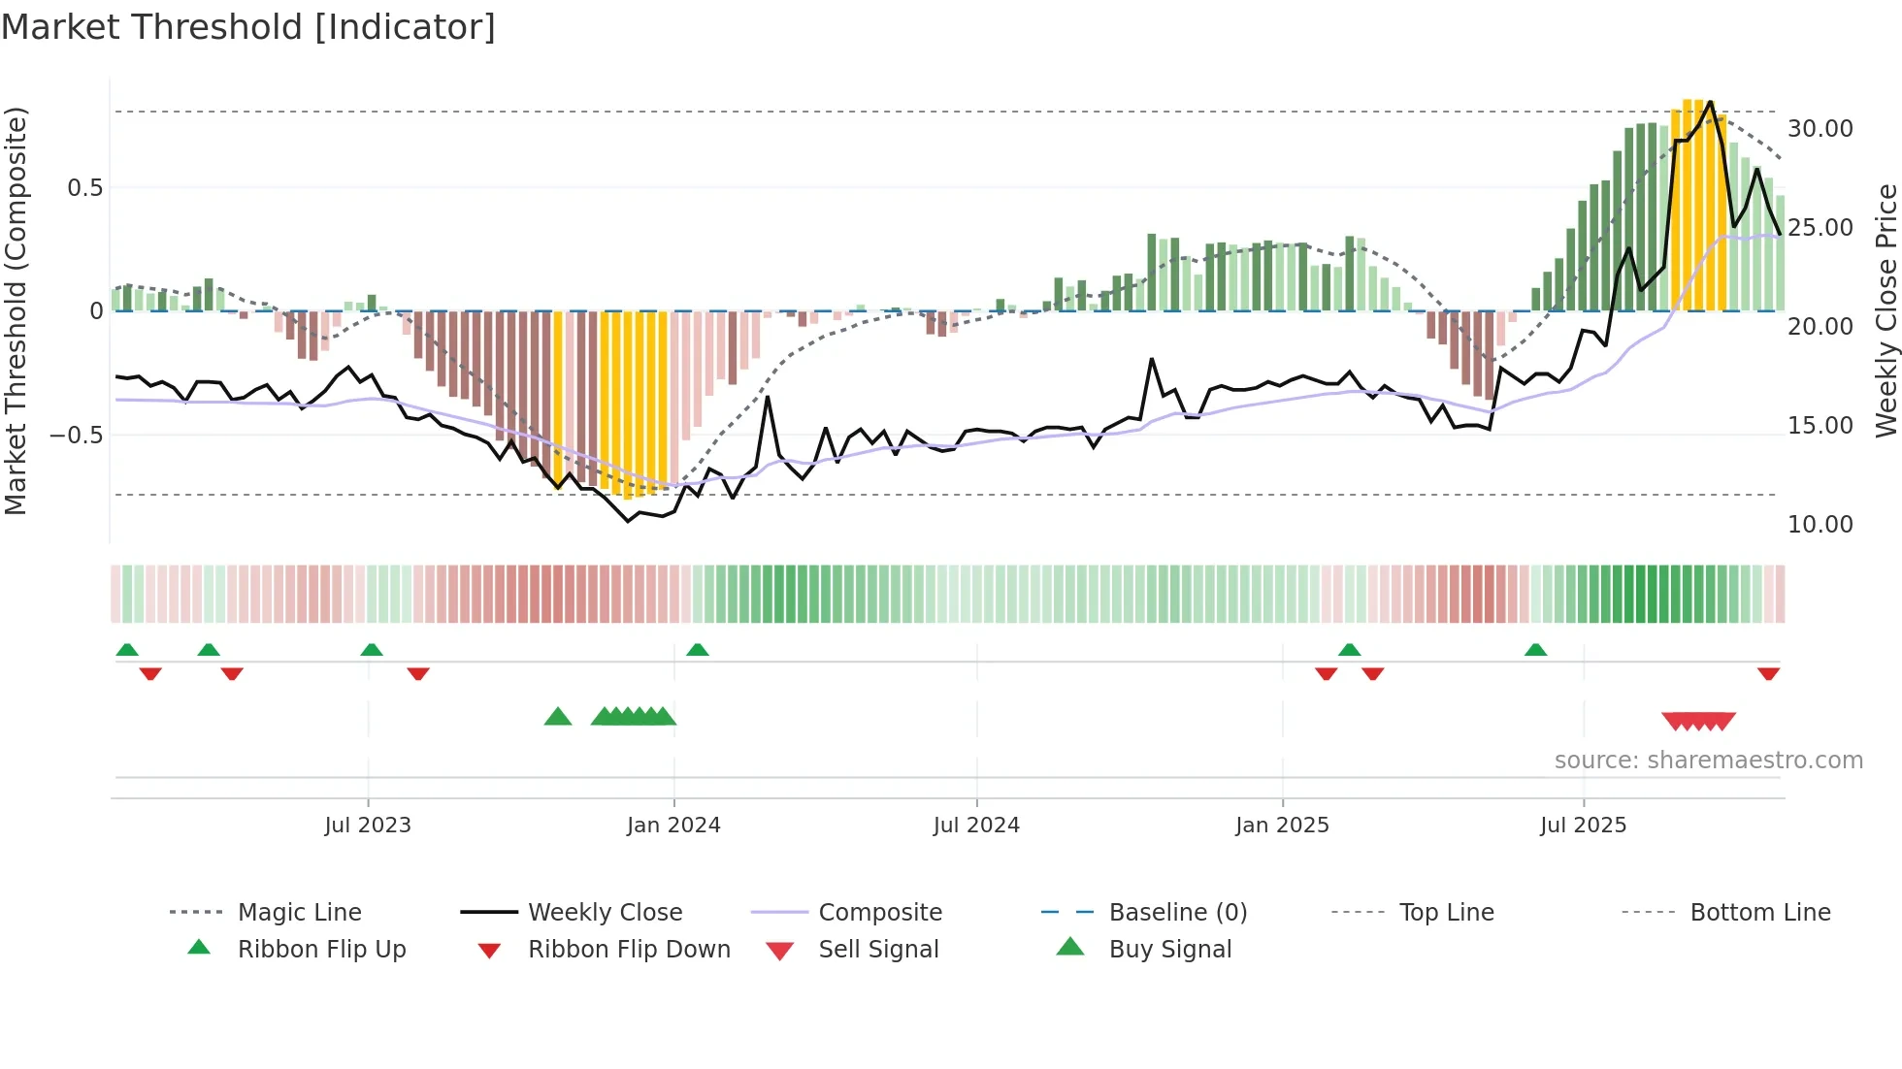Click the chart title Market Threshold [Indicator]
(248, 27)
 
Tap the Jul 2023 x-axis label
(368, 826)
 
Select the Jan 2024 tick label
(673, 826)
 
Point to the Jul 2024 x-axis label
(976, 826)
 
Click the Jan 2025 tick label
(1282, 826)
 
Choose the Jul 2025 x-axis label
(1583, 826)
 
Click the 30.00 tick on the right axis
(1820, 129)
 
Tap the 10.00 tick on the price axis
(1820, 525)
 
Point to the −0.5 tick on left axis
(77, 435)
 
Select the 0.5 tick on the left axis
(84, 188)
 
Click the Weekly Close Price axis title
(1886, 310)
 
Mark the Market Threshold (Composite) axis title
(16, 310)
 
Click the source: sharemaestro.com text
(1708, 761)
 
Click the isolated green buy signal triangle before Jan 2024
(558, 717)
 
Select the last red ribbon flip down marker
(1768, 673)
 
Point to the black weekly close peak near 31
(1710, 102)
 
